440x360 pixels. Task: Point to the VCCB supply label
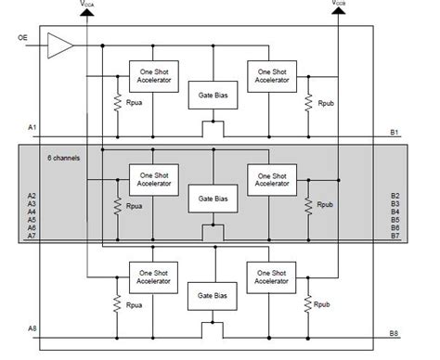tap(339, 5)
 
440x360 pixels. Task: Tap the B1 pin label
tap(394, 132)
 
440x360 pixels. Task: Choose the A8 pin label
tap(33, 329)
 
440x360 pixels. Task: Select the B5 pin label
tap(394, 220)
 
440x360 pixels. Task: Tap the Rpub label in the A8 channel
tap(323, 303)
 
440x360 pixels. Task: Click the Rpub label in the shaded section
tap(325, 204)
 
